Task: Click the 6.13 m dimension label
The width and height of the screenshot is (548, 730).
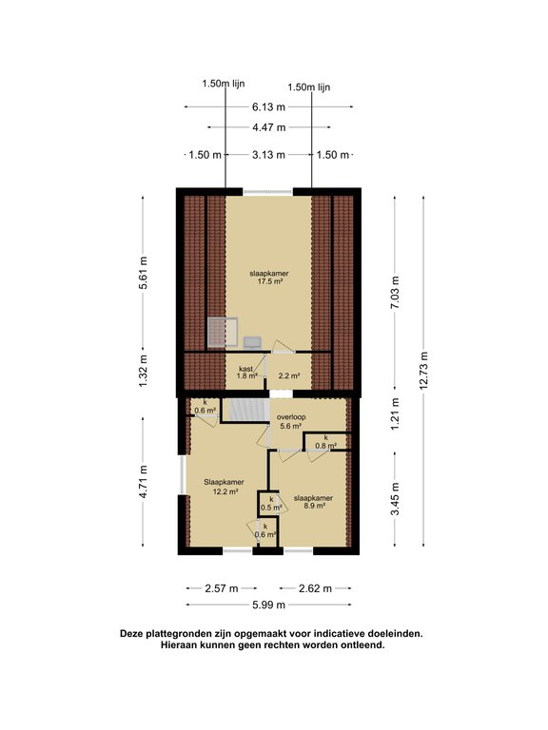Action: (268, 107)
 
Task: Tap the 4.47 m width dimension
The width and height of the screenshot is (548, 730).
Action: (269, 127)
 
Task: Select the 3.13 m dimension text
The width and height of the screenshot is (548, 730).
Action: (268, 155)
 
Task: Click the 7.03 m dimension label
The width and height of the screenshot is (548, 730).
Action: (395, 293)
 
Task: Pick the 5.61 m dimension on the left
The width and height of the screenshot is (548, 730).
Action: (143, 273)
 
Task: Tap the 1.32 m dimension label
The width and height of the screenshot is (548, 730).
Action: (143, 371)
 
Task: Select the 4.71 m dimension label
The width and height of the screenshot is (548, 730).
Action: (143, 482)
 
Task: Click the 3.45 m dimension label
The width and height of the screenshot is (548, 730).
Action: (395, 499)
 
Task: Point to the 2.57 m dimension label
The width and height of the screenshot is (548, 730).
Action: (222, 588)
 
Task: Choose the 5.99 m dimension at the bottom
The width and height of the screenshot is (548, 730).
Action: (268, 605)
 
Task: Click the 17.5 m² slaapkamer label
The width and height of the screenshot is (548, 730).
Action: (269, 278)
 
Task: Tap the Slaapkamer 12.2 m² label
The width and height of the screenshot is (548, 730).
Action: (224, 486)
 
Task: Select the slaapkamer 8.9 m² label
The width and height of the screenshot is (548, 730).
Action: (313, 502)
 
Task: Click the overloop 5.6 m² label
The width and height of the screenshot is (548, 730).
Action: (291, 421)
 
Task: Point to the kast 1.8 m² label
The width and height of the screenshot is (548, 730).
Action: (246, 373)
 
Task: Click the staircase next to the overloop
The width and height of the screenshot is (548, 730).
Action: (245, 410)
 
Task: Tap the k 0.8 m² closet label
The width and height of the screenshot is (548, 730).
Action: (325, 441)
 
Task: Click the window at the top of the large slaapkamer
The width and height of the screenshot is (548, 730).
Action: (267, 191)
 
